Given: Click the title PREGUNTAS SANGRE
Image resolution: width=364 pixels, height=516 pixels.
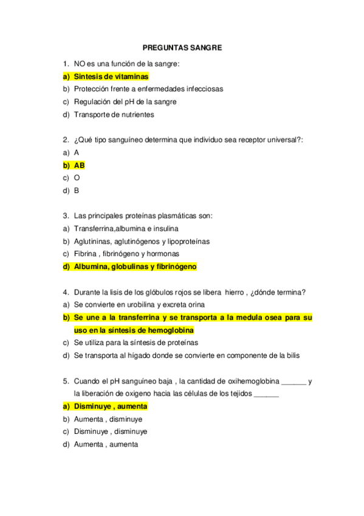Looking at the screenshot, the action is point(182,47).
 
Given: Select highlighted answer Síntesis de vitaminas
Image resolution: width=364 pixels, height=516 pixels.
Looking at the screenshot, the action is point(111,77).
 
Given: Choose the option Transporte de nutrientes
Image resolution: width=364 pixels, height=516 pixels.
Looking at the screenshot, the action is point(114,114).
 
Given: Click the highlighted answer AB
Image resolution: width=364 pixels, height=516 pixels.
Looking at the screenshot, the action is point(79,165).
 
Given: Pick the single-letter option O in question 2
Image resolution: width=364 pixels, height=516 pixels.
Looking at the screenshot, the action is point(77,178).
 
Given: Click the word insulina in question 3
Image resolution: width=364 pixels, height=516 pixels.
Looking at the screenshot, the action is point(164,229).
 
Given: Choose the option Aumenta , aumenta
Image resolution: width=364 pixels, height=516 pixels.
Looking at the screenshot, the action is point(106,444).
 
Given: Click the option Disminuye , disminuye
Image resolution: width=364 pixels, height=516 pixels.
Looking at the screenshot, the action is point(110,431).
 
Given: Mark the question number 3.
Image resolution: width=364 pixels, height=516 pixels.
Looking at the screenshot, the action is point(65,216).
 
